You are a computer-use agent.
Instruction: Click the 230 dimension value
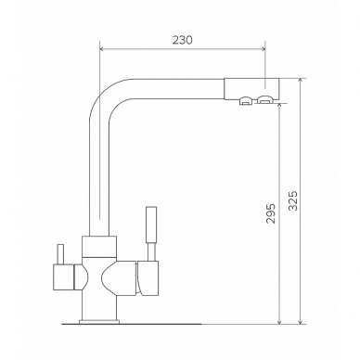tap(183, 40)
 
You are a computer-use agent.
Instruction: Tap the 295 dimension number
tap(271, 213)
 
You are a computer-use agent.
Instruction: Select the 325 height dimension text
tap(292, 200)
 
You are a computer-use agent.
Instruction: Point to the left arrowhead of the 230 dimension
tap(102, 49)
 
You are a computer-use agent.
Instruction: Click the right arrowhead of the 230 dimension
tap(263, 49)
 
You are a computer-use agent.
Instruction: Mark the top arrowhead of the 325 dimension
tap(300, 82)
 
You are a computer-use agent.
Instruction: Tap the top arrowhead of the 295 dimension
tap(279, 106)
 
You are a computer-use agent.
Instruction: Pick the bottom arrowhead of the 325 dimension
tap(300, 321)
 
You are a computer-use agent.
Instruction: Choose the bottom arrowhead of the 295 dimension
tap(279, 321)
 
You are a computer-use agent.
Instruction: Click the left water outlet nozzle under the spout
tap(246, 100)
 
